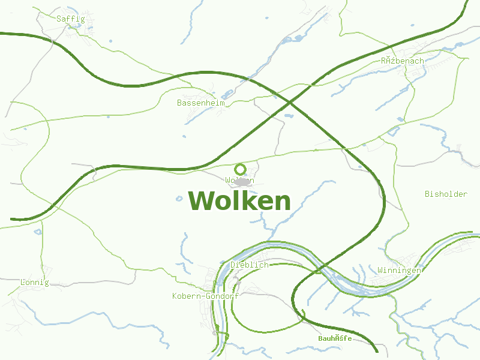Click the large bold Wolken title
[x=239, y=201]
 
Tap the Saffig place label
[x=71, y=19]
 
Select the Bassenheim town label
[x=201, y=103]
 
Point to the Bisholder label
[x=446, y=194]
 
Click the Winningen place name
[x=399, y=271]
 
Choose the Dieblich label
[x=250, y=265]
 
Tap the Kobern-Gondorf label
[x=205, y=296]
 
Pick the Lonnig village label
[x=34, y=282]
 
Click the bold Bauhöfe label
[x=335, y=339]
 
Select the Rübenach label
[x=402, y=61]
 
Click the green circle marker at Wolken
[x=241, y=169]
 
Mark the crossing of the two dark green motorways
[x=290, y=102]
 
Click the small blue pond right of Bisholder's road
[x=400, y=119]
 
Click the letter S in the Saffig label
[x=59, y=19]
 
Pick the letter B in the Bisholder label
[x=427, y=194]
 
